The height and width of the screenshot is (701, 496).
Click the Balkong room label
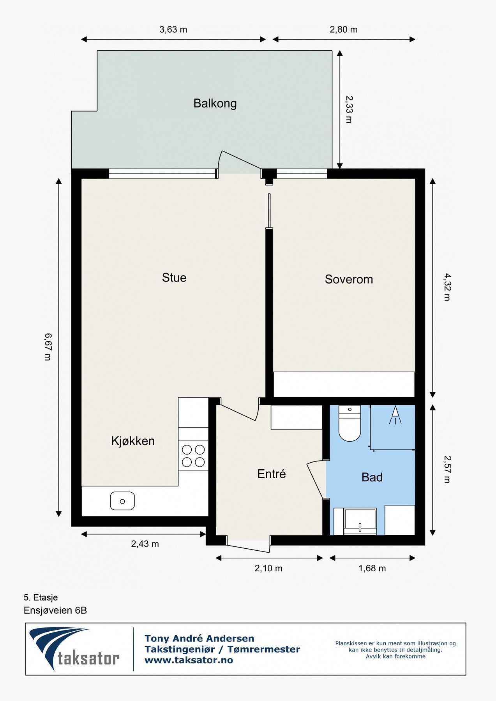click(215, 104)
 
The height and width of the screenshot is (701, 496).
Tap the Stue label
click(174, 278)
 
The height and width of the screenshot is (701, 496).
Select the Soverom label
click(349, 279)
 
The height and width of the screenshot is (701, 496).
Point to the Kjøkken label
click(133, 441)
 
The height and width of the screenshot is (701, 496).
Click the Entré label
click(272, 474)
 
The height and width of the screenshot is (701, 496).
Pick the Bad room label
click(372, 477)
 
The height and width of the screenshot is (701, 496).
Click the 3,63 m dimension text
click(173, 30)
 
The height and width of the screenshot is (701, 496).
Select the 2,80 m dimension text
click(344, 30)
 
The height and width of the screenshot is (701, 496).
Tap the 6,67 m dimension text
click(48, 347)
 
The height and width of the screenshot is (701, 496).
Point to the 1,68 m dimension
click(372, 568)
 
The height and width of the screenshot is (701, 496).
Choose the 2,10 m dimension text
click(268, 568)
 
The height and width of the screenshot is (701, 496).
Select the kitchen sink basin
click(122, 501)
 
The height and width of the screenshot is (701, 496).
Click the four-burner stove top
click(193, 456)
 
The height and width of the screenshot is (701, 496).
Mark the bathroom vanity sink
click(360, 521)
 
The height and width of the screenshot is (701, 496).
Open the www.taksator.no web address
click(189, 660)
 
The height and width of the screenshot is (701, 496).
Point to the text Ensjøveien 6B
click(55, 610)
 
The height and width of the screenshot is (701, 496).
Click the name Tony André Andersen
click(199, 638)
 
